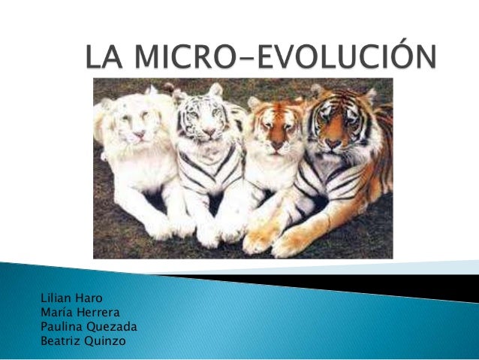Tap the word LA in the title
click(103, 58)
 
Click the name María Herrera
click(77, 312)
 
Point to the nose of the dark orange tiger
click(333, 140)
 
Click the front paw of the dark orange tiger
click(293, 243)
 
